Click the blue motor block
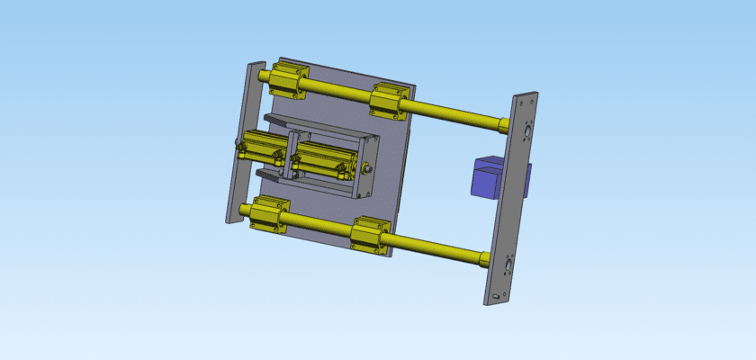click(x=490, y=175)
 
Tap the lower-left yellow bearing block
click(x=268, y=213)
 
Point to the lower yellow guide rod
click(x=432, y=247)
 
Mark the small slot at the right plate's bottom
click(x=498, y=295)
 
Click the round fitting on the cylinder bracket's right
click(x=368, y=168)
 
